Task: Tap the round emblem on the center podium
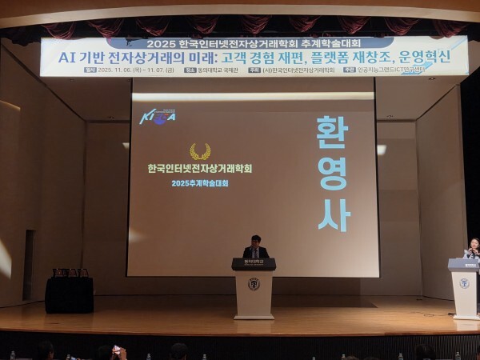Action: pyautogui.click(x=254, y=284)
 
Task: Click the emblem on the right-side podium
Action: pyautogui.click(x=464, y=283)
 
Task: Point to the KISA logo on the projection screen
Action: pyautogui.click(x=158, y=117)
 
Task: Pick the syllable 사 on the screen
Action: pyautogui.click(x=333, y=214)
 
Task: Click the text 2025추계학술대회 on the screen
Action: pyautogui.click(x=200, y=183)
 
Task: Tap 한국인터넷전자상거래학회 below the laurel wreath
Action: pyautogui.click(x=200, y=169)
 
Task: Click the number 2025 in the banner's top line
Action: pyautogui.click(x=162, y=43)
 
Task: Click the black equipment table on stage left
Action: pyautogui.click(x=69, y=294)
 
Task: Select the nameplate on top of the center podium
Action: pyautogui.click(x=254, y=262)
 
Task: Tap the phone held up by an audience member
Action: pyautogui.click(x=117, y=350)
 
